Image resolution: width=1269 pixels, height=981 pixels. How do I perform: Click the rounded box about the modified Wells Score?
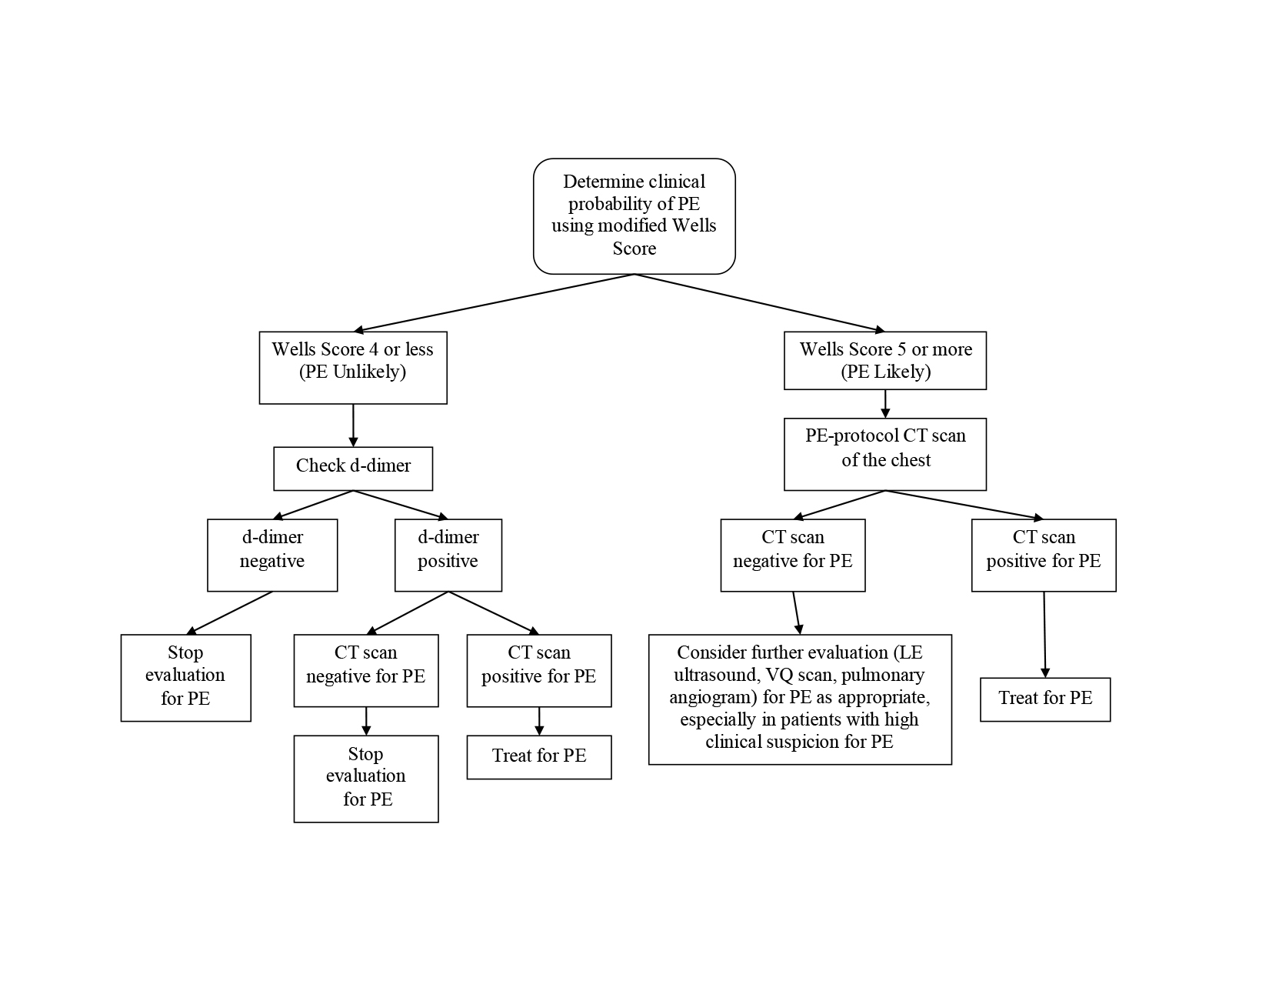click(x=634, y=215)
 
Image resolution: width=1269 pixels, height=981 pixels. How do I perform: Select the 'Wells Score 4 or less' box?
click(x=352, y=367)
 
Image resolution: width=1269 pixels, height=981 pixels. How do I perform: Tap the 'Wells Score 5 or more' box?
click(x=884, y=360)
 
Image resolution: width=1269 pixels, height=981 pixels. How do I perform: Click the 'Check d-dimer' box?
click(x=353, y=468)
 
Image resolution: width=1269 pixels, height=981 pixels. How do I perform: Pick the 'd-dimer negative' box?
click(x=271, y=555)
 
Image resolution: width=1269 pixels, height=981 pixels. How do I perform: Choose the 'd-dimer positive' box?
click(x=448, y=555)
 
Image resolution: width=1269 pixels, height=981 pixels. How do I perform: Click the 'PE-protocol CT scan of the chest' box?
click(x=884, y=454)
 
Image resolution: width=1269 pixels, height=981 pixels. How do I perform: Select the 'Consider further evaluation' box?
click(x=800, y=699)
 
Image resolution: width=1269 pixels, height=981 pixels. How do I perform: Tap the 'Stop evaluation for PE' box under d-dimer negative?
click(x=185, y=677)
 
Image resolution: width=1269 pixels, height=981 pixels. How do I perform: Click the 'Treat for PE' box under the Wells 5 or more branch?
click(x=1044, y=699)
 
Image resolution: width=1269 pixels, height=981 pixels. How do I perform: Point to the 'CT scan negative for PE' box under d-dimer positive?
click(x=365, y=669)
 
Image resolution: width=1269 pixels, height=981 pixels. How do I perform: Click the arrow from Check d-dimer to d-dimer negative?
click(x=314, y=505)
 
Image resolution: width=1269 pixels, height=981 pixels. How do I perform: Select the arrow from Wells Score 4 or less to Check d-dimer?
click(x=353, y=425)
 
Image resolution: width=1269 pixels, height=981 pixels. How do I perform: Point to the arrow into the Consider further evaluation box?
click(x=797, y=612)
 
